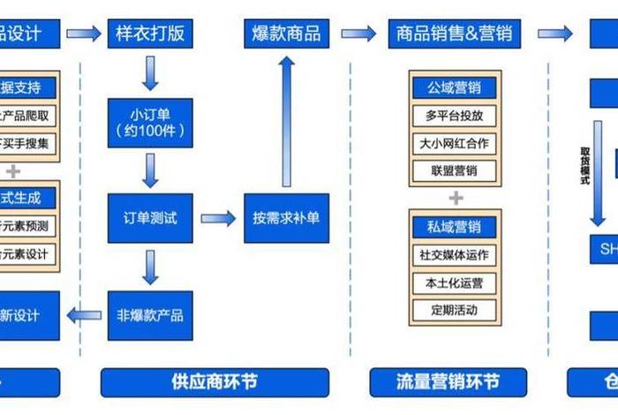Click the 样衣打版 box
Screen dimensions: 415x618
pos(150,34)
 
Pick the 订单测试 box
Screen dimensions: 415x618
pos(150,218)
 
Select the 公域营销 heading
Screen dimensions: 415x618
pos(456,87)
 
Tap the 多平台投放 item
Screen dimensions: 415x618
pos(456,116)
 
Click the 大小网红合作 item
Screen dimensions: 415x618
pos(456,143)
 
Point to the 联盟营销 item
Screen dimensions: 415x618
pos(456,170)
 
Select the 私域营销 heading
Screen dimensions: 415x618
pos(456,227)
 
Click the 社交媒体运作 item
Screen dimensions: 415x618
pos(456,255)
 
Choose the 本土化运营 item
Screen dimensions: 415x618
pos(456,283)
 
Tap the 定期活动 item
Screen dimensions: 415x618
pos(456,310)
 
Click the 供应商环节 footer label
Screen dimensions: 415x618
pos(215,382)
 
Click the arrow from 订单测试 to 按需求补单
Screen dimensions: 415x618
pos(217,218)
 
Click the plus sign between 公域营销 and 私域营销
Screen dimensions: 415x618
pos(456,198)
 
